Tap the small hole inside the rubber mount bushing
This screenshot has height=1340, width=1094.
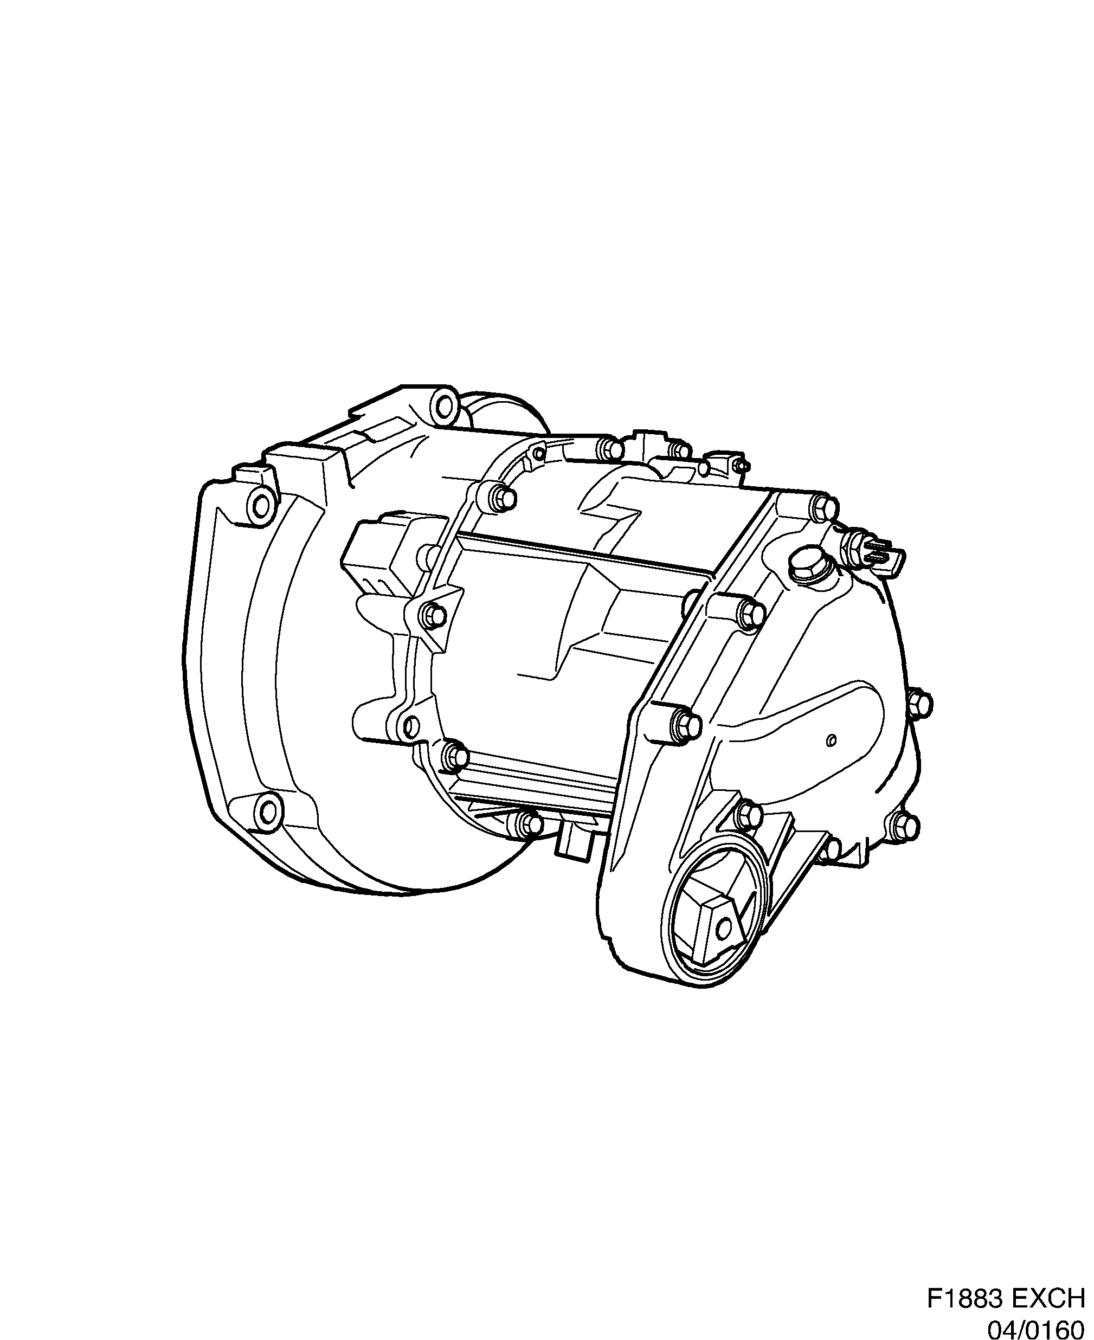coord(725,927)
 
